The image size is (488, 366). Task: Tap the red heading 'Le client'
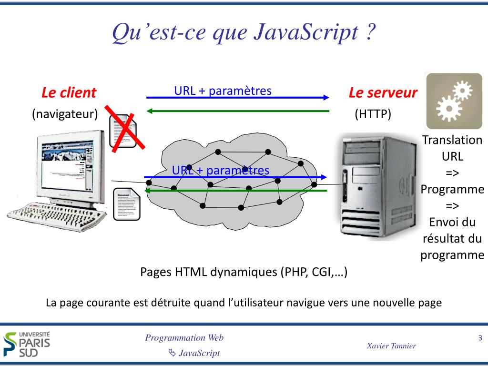pyautogui.click(x=69, y=92)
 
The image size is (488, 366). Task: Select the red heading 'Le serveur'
pyautogui.click(x=383, y=92)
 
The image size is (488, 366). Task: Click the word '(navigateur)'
pyautogui.click(x=65, y=114)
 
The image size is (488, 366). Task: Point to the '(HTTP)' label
pyautogui.click(x=373, y=114)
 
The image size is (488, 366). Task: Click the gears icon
pyautogui.click(x=454, y=101)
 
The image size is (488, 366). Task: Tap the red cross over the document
pyautogui.click(x=125, y=129)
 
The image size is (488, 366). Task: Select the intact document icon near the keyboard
pyautogui.click(x=127, y=205)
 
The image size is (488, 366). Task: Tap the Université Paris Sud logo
pyautogui.click(x=27, y=343)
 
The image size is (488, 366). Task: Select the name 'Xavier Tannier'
pyautogui.click(x=392, y=346)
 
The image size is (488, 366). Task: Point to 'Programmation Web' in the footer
pyautogui.click(x=184, y=338)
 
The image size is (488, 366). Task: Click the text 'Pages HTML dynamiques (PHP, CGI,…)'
pyautogui.click(x=244, y=272)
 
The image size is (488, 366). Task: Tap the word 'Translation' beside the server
pyautogui.click(x=452, y=140)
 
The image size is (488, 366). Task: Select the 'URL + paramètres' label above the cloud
pyautogui.click(x=223, y=91)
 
